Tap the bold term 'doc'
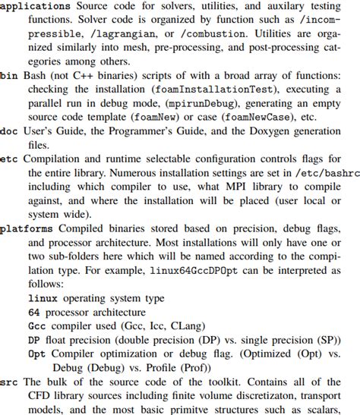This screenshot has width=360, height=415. pyautogui.click(x=9, y=131)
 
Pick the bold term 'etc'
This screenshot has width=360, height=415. pyautogui.click(x=9, y=159)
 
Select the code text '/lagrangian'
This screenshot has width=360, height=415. pyautogui.click(x=113, y=33)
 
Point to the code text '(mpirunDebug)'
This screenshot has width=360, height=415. pyautogui.click(x=184, y=103)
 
